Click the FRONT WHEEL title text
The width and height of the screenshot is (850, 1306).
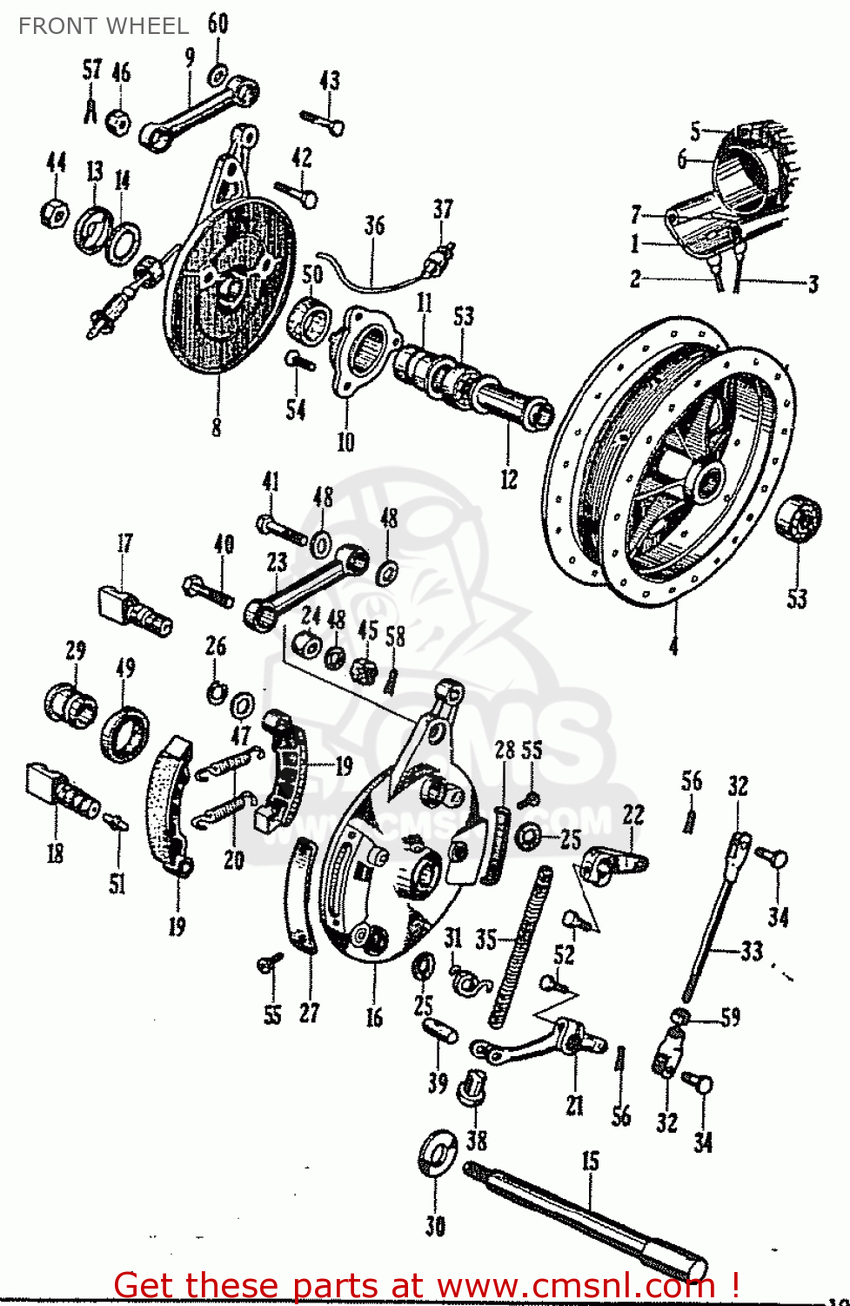103,26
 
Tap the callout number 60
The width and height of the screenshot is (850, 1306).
218,24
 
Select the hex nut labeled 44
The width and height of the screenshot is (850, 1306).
55,212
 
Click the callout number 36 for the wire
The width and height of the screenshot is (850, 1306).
374,226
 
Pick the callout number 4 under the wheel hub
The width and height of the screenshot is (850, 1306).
673,644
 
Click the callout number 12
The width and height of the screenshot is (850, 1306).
509,479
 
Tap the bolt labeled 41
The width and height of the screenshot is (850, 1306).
280,528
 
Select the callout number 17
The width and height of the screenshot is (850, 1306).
125,543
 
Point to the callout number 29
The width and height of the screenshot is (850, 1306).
76,650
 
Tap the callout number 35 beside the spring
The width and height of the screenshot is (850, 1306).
485,939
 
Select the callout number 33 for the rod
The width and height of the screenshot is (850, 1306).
751,951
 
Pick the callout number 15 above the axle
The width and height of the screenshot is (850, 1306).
591,1161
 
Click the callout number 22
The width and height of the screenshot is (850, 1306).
633,815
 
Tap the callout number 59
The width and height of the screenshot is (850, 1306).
730,1017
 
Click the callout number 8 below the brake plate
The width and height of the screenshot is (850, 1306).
216,427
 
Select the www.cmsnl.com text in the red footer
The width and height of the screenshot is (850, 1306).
575,1285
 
